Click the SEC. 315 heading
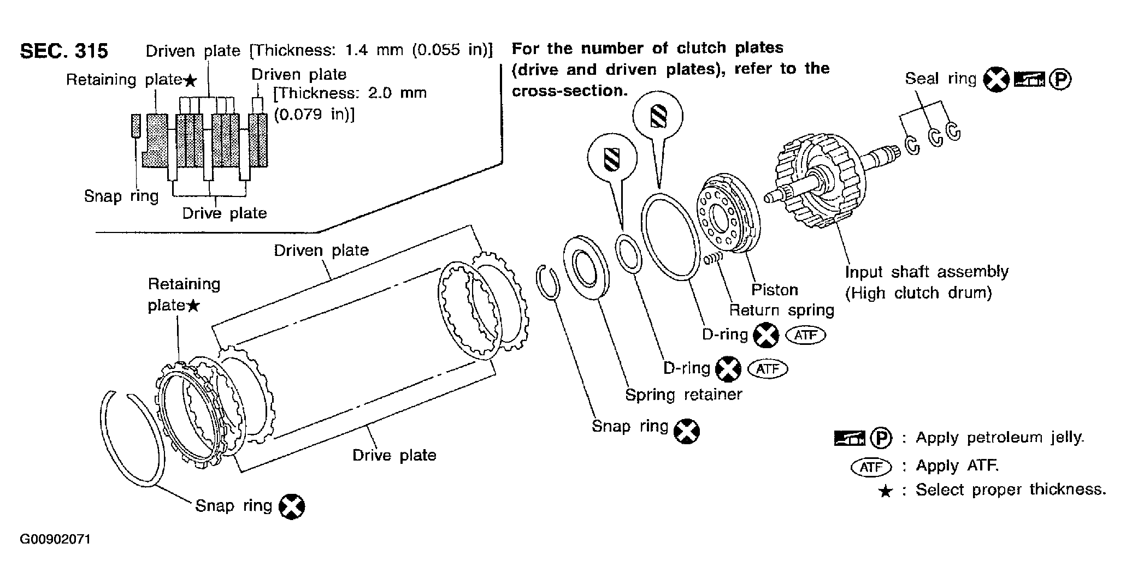64,51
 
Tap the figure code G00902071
55,540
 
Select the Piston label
774,289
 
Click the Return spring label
781,310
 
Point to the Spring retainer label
683,394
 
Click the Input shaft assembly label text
927,272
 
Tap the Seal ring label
940,79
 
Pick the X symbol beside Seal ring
996,80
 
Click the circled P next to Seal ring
1061,80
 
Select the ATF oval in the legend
871,467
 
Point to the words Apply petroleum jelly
1000,438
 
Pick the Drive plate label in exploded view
394,455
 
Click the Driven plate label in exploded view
321,250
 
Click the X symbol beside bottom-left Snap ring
292,507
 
